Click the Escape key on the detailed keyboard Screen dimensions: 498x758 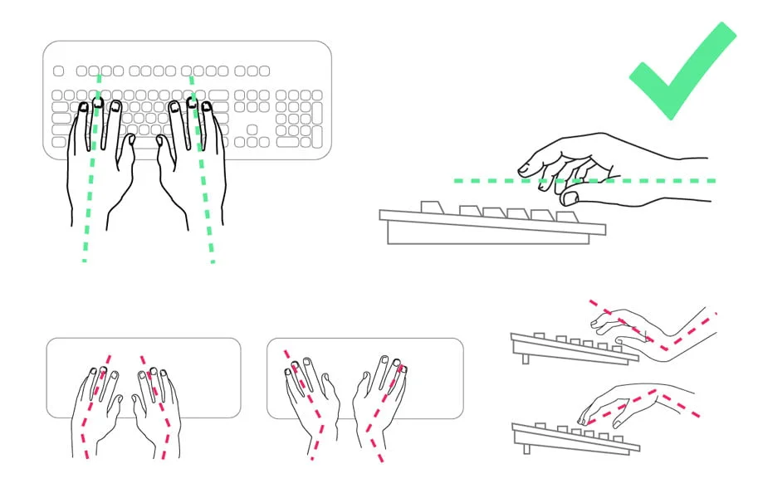[58, 71]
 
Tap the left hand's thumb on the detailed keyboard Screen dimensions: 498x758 [129, 148]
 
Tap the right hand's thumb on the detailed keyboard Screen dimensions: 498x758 [163, 148]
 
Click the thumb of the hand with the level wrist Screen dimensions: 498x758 [570, 198]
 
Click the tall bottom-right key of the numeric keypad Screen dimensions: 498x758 [316, 137]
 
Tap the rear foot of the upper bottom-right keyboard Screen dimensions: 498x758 [526, 358]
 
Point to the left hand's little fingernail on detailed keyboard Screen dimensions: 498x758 [83, 107]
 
